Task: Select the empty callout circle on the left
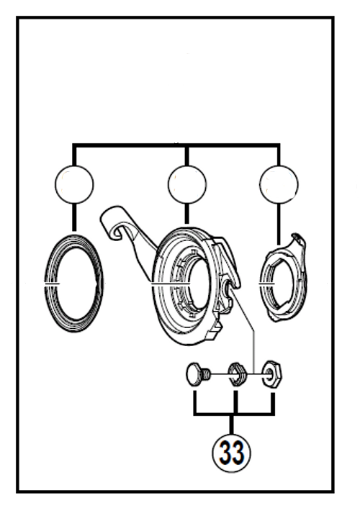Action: click(73, 184)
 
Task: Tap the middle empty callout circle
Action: click(186, 184)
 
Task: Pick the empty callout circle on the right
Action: click(279, 184)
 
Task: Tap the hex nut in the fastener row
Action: click(272, 373)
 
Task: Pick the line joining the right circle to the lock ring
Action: click(279, 223)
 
